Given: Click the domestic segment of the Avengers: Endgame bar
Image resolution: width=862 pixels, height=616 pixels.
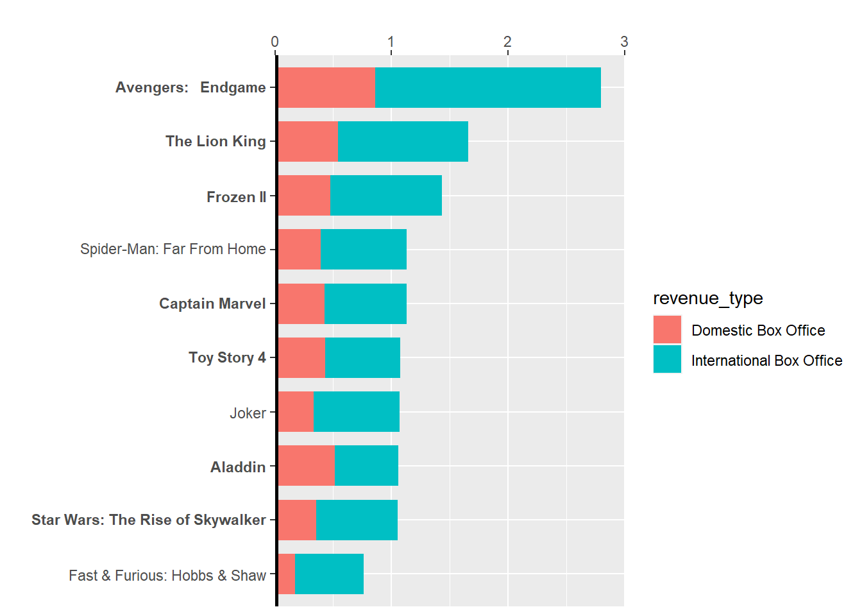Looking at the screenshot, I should tap(326, 87).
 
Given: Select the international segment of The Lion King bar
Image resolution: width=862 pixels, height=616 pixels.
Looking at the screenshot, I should tap(403, 141).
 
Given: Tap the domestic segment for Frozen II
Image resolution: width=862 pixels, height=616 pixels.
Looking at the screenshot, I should tap(304, 195).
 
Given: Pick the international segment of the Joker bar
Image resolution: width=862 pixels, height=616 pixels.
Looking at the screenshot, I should tap(357, 411).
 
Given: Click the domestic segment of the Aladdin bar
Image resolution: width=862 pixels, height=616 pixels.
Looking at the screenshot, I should tap(306, 465).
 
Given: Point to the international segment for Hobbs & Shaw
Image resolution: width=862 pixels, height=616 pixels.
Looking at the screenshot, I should tap(329, 574).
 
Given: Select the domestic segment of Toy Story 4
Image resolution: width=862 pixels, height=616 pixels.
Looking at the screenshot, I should tap(301, 357).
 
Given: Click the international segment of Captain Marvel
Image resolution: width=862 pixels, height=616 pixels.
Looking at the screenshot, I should tap(365, 304).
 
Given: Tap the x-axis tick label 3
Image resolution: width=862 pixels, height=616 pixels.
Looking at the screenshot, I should tap(624, 42).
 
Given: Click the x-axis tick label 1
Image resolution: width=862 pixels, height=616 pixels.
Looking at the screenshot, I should tap(391, 42).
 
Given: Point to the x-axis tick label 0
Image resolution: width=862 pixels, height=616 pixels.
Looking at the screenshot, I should tap(275, 42).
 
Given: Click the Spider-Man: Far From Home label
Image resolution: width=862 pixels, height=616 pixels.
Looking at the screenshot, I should tap(173, 249).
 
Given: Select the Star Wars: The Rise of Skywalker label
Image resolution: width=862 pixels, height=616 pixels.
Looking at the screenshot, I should tap(149, 520).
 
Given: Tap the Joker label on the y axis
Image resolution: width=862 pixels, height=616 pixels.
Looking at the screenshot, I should tap(248, 413).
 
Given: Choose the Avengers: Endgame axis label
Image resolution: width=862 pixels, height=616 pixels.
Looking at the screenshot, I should tap(190, 87).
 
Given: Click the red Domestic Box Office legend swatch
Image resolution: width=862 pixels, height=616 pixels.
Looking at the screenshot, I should tap(667, 330).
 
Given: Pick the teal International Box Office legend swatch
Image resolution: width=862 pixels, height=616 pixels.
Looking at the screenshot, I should tap(667, 359).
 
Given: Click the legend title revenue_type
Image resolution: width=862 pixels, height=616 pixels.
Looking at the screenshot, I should tap(707, 298).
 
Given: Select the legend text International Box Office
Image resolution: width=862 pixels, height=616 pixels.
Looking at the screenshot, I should tap(766, 361).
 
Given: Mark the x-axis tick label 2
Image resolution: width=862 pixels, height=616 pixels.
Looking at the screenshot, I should tap(507, 42).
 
